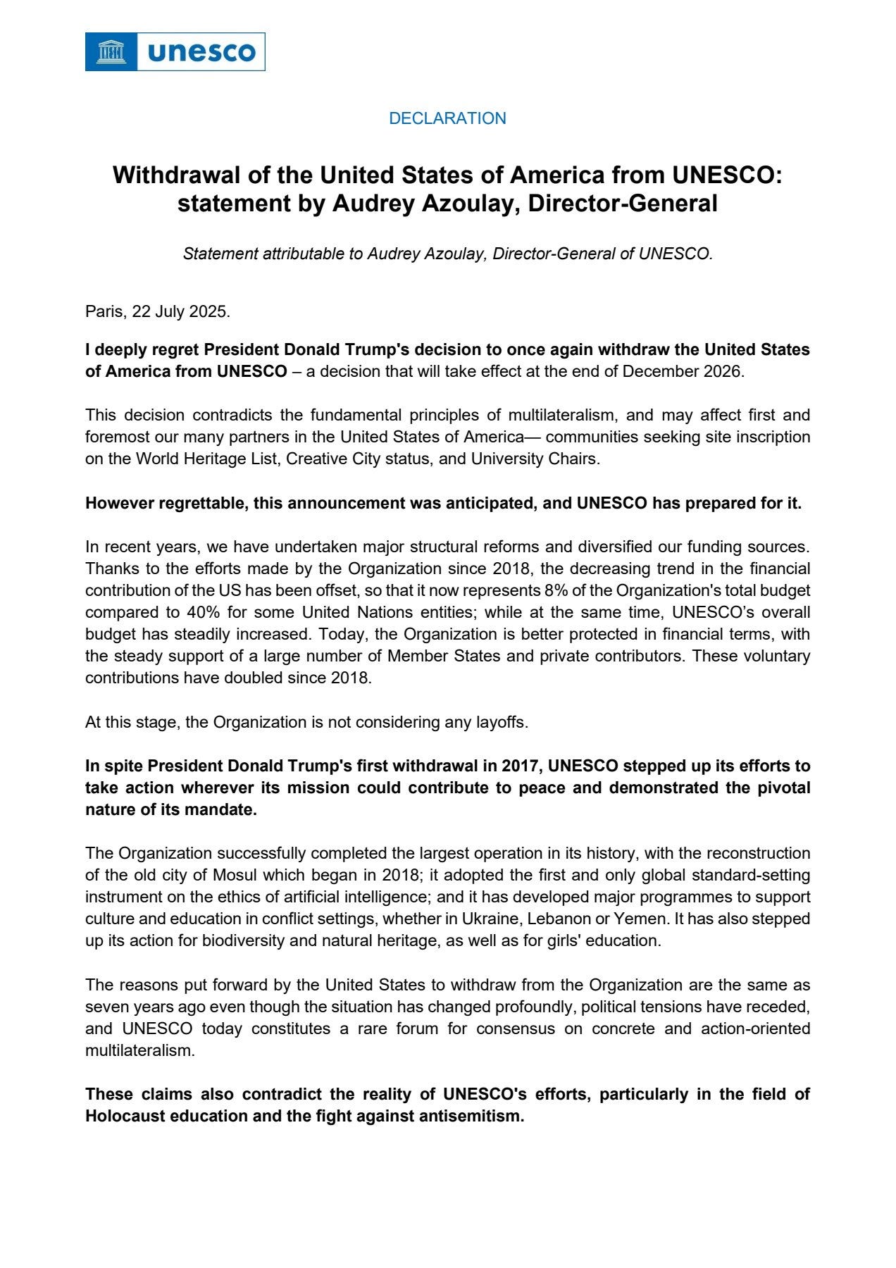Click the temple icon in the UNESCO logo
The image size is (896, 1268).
111,51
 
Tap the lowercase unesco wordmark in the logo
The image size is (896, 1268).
201,52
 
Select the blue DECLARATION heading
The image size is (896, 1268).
447,118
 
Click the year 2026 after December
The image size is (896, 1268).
722,371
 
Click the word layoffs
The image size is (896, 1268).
504,722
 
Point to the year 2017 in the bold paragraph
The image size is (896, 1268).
521,766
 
